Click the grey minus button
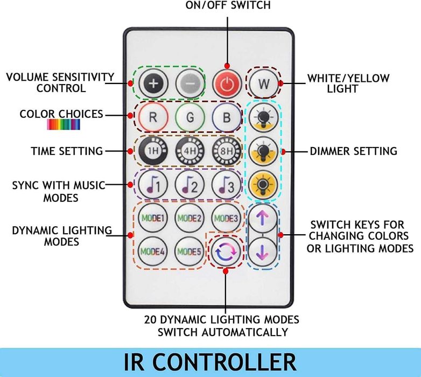pyautogui.click(x=189, y=85)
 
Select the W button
pyautogui.click(x=264, y=84)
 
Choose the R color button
pyautogui.click(x=152, y=117)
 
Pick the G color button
pyautogui.click(x=189, y=117)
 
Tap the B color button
pyautogui.click(x=226, y=117)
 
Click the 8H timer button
pyautogui.click(x=226, y=151)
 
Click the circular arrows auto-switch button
pyautogui.click(x=225, y=252)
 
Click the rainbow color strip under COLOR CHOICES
pyautogui.click(x=64, y=124)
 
